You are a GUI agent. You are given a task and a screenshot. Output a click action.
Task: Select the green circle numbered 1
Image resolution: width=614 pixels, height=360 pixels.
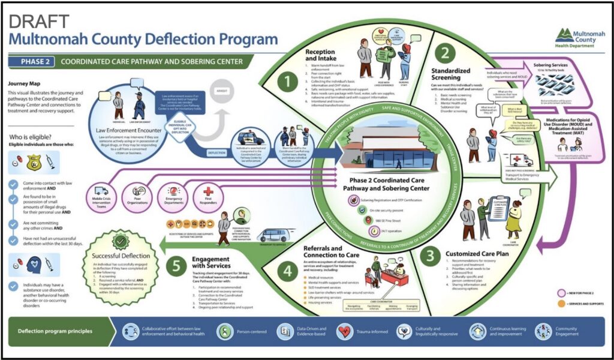click(287, 80)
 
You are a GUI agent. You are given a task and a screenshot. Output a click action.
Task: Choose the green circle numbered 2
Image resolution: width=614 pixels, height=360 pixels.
click(444, 53)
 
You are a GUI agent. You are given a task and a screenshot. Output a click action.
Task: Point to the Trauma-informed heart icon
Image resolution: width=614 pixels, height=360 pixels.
click(345, 331)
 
